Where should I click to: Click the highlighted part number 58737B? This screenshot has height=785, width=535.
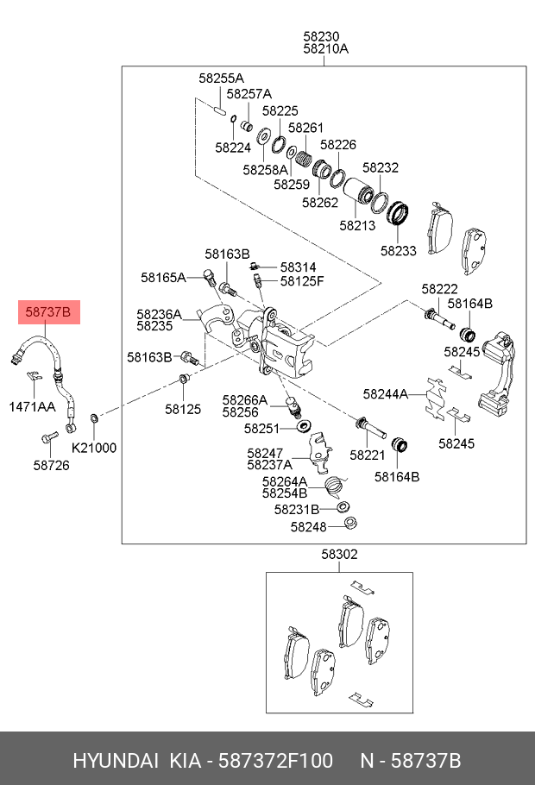click(x=48, y=311)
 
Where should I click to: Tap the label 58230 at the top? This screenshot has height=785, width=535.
click(x=321, y=36)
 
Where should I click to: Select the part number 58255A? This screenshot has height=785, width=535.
click(x=221, y=78)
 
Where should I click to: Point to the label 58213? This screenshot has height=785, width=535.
click(x=356, y=226)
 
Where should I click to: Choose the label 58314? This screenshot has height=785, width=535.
click(x=298, y=267)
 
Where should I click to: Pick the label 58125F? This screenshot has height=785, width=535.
click(x=302, y=281)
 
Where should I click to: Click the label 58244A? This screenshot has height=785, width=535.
click(x=386, y=394)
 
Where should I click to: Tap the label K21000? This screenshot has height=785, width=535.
click(x=93, y=448)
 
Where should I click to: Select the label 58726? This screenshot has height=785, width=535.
click(x=52, y=465)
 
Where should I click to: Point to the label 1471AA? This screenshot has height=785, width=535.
click(x=32, y=405)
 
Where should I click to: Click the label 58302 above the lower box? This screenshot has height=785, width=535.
click(x=339, y=555)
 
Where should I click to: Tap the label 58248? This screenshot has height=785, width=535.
click(x=308, y=526)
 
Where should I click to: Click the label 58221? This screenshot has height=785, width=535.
click(x=367, y=454)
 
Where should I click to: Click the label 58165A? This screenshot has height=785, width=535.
click(x=163, y=278)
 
